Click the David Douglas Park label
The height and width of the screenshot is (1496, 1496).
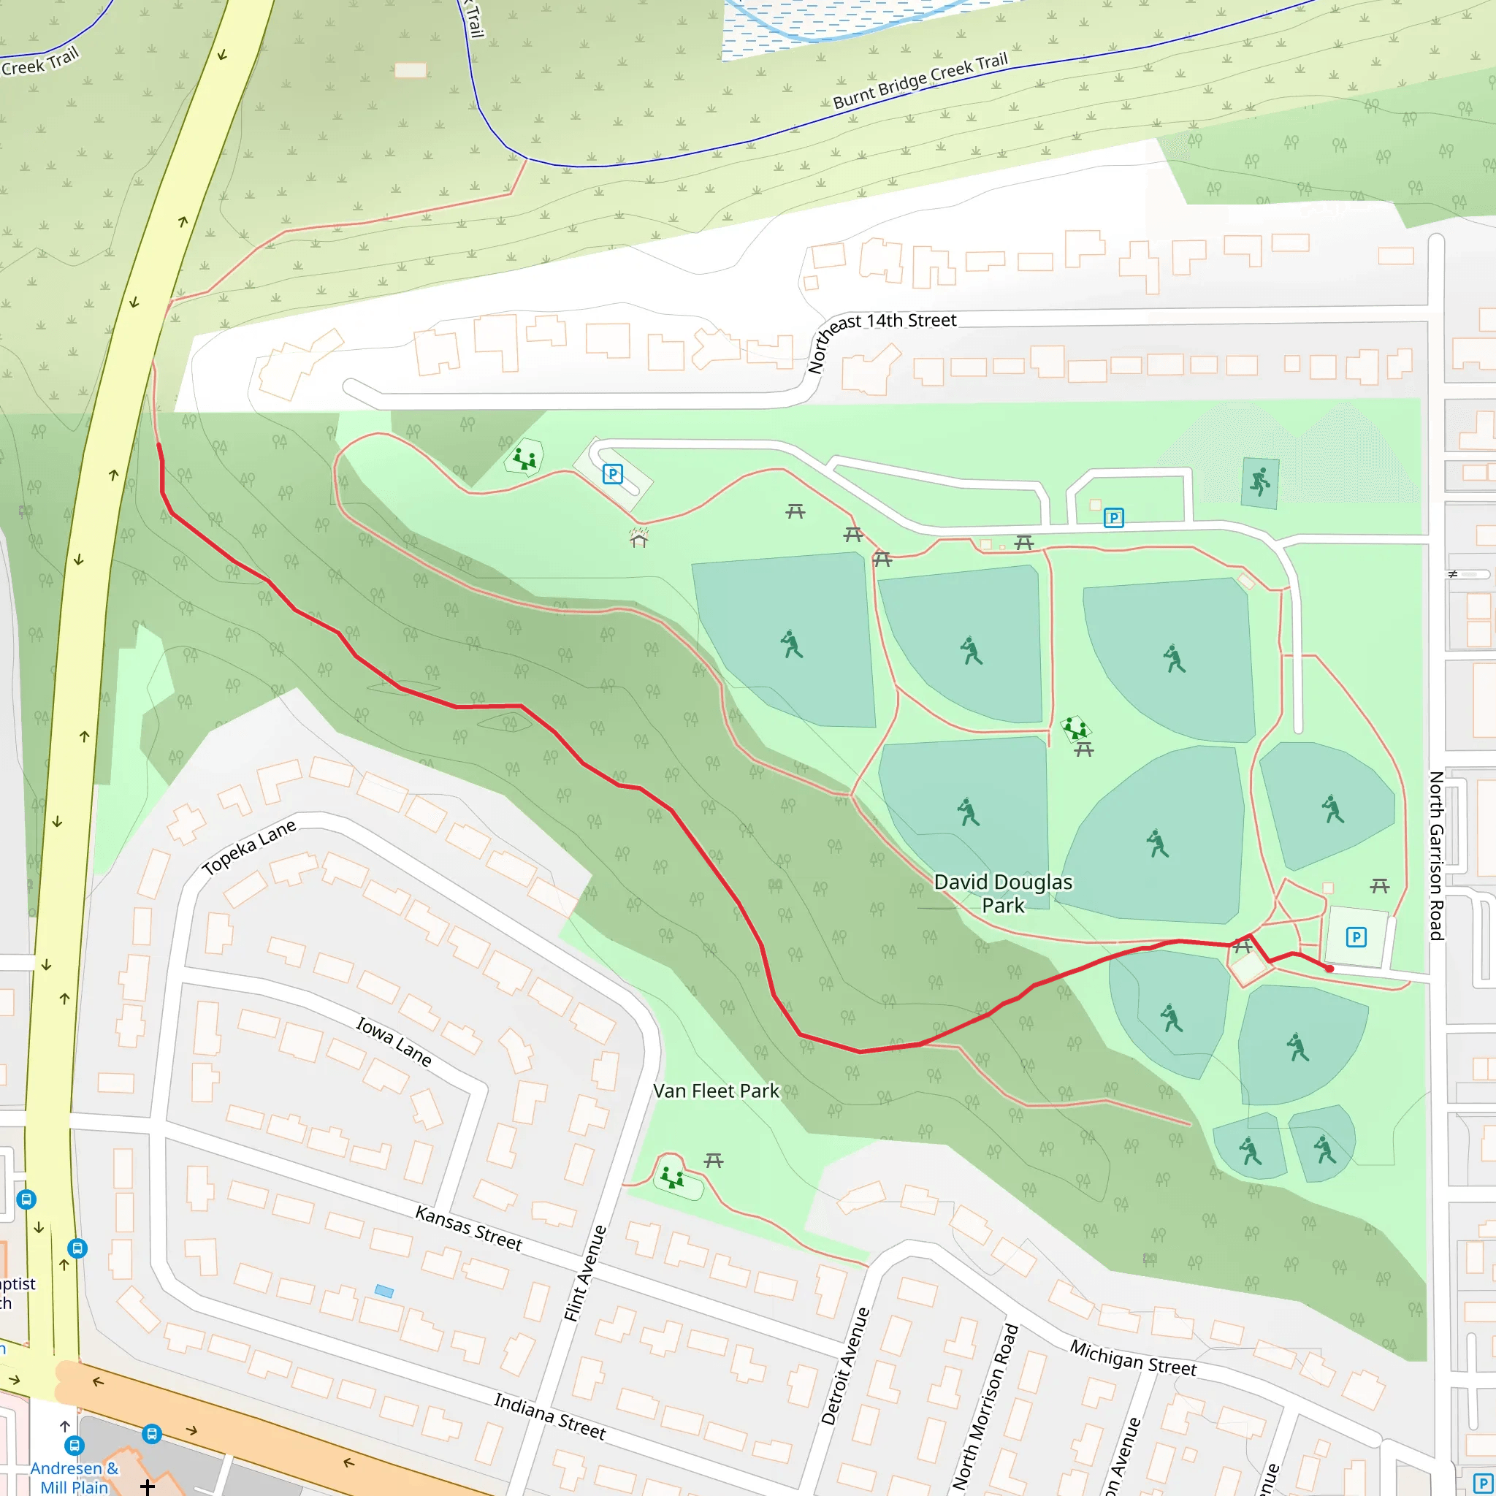point(1003,893)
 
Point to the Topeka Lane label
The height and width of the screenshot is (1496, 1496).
point(248,847)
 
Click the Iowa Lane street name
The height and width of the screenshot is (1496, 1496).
point(394,1041)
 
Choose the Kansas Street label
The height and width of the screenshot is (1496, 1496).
point(468,1228)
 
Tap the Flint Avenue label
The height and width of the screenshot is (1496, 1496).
point(584,1274)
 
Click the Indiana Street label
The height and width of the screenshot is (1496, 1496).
point(550,1416)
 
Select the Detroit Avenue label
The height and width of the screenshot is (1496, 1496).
point(845,1366)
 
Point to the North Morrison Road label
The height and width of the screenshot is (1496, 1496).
point(985,1405)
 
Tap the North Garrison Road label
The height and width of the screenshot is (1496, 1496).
point(1436,855)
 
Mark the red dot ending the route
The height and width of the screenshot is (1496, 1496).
point(1329,969)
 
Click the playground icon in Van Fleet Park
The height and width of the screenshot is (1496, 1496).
point(671,1178)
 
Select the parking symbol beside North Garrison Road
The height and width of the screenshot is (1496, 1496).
point(1356,938)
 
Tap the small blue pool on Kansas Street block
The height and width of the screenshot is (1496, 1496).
point(384,1291)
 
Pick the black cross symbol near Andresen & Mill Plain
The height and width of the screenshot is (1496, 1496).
point(147,1486)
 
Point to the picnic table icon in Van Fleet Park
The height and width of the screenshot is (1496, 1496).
point(713,1160)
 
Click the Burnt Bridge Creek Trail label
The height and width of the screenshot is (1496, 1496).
point(920,80)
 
